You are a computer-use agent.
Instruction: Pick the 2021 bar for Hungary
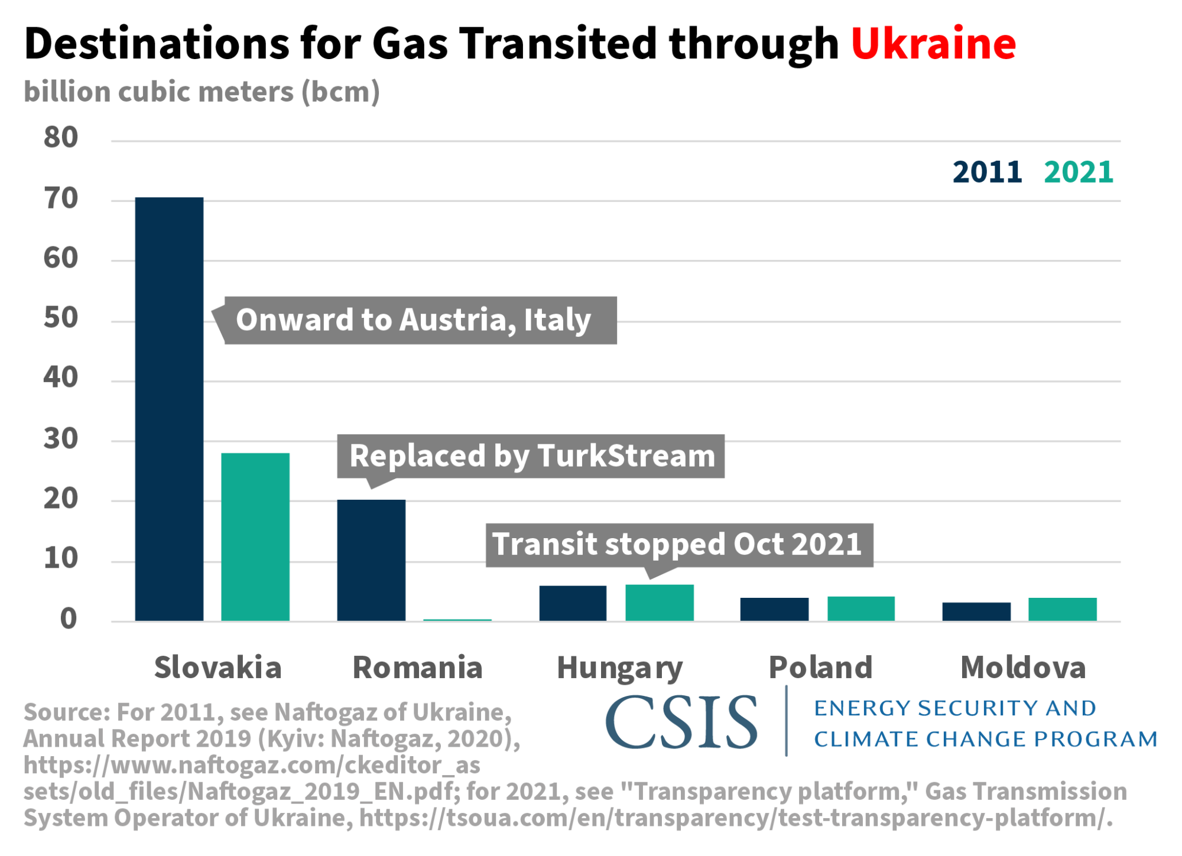(x=660, y=603)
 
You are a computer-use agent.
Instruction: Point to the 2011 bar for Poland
(x=774, y=609)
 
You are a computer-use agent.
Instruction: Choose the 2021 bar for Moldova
(x=1063, y=609)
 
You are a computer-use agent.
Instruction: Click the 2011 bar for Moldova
(x=976, y=611)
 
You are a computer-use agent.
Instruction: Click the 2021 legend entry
(x=1079, y=172)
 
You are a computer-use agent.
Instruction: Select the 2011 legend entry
(x=987, y=172)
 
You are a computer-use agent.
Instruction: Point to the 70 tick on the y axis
(x=61, y=198)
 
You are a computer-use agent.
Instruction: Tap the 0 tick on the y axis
(x=69, y=619)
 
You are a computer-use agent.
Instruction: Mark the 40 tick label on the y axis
(x=61, y=377)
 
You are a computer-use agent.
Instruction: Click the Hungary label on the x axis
(x=619, y=668)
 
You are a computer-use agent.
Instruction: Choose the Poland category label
(x=820, y=668)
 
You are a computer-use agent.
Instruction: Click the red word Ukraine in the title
(x=933, y=44)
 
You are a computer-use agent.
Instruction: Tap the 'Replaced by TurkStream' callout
(x=531, y=456)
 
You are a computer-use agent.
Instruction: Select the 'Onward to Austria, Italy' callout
(x=414, y=320)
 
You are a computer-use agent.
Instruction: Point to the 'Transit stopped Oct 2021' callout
(x=678, y=544)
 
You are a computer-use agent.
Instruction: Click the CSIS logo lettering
(x=681, y=722)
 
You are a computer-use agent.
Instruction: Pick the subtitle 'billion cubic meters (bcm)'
(x=202, y=92)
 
